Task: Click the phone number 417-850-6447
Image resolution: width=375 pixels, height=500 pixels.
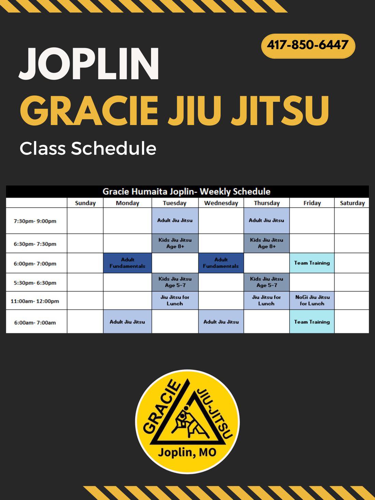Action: pyautogui.click(x=308, y=45)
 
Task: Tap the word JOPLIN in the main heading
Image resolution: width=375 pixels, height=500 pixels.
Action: pyautogui.click(x=89, y=64)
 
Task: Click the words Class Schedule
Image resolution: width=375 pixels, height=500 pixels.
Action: pyautogui.click(x=88, y=149)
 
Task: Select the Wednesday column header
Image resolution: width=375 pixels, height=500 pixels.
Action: pyautogui.click(x=221, y=203)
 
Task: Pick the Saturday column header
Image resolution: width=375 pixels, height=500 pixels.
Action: pyautogui.click(x=352, y=203)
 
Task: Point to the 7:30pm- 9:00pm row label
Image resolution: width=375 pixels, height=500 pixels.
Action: pyautogui.click(x=35, y=221)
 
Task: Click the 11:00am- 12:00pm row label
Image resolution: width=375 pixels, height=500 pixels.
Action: pyautogui.click(x=35, y=301)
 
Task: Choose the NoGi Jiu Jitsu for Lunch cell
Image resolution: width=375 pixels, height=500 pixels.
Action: pyautogui.click(x=312, y=301)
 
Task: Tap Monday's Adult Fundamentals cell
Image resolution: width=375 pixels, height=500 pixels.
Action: pyautogui.click(x=127, y=263)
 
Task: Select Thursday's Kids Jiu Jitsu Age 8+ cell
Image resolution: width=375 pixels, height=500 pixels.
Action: pyautogui.click(x=266, y=243)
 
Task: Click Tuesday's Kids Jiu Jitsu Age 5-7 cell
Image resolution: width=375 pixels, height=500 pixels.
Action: pyautogui.click(x=175, y=282)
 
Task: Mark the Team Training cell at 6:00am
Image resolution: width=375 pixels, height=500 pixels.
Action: pyautogui.click(x=312, y=321)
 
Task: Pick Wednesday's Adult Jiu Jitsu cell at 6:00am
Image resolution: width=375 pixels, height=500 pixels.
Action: pyautogui.click(x=221, y=321)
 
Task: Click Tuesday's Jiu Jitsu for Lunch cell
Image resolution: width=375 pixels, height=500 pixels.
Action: pyautogui.click(x=175, y=301)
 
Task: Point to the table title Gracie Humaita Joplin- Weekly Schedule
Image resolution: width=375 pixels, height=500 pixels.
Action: pyautogui.click(x=186, y=192)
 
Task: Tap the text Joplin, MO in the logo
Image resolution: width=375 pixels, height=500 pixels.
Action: pyautogui.click(x=187, y=452)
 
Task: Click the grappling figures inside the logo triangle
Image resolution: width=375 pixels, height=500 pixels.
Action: pyautogui.click(x=188, y=420)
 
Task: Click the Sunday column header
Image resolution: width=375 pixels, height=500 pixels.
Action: pyautogui.click(x=85, y=203)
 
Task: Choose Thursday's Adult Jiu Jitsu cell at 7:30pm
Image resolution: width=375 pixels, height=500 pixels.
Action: pyautogui.click(x=266, y=221)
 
